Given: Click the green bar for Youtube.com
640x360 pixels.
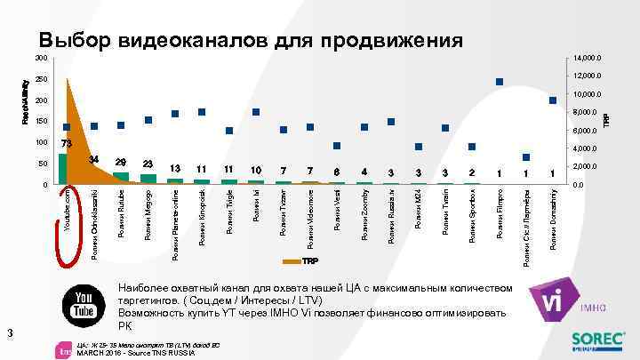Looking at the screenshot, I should [63, 169].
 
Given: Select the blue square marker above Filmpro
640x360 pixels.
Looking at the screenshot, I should [500, 83].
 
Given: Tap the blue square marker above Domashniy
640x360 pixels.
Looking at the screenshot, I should [553, 100].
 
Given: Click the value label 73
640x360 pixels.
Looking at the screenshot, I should [67, 144].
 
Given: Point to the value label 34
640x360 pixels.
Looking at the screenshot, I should [94, 158].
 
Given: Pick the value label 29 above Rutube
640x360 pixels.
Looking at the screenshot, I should [122, 162].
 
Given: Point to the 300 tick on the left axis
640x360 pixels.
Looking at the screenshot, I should [41, 58].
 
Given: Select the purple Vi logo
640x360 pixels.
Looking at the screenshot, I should [549, 301].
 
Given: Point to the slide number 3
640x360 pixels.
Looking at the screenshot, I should [7, 333].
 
